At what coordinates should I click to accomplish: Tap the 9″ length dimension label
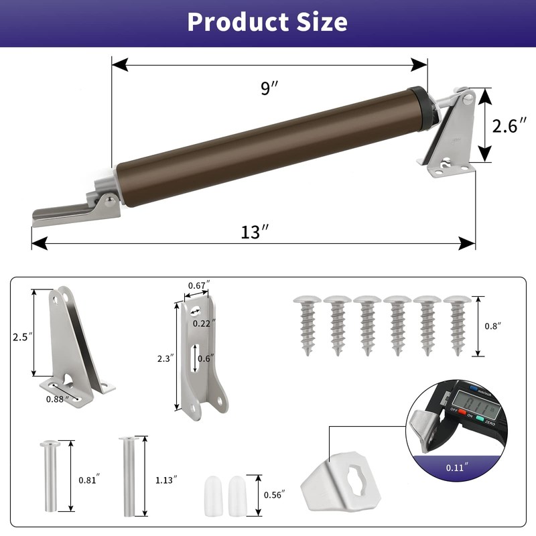pyautogui.click(x=269, y=88)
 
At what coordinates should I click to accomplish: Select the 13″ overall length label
pyautogui.click(x=255, y=232)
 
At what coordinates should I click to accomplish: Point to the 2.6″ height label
pyautogui.click(x=510, y=126)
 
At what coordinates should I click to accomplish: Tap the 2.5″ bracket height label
pyautogui.click(x=22, y=337)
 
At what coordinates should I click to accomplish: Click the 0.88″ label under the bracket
pyautogui.click(x=56, y=399)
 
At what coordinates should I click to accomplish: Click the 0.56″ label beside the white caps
pyautogui.click(x=274, y=494)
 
